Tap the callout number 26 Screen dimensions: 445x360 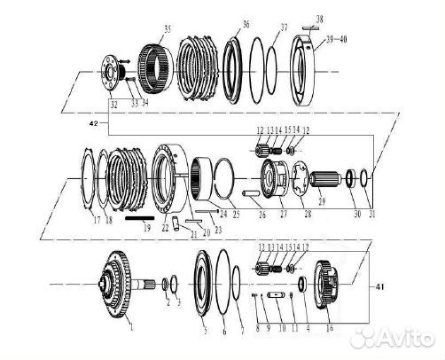pos(262,214)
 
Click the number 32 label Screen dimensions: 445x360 pos(111,104)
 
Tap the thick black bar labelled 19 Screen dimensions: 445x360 pos(139,215)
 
